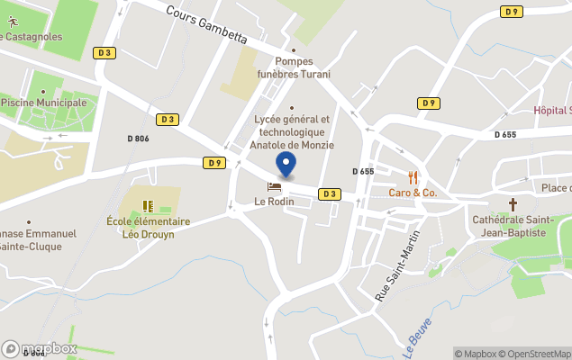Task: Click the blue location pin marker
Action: (x=286, y=166)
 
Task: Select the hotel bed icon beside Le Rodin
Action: (x=275, y=187)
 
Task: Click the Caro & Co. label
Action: (x=413, y=193)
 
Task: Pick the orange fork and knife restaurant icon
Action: (x=413, y=177)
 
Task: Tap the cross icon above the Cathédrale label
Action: (x=513, y=204)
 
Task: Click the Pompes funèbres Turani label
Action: (x=294, y=67)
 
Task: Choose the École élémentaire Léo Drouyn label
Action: (x=148, y=228)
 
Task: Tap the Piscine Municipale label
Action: (x=44, y=103)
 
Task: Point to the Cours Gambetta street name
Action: (x=206, y=23)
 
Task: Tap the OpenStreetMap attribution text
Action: (x=535, y=354)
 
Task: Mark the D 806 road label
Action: (x=139, y=139)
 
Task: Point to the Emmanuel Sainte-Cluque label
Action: (x=41, y=239)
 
